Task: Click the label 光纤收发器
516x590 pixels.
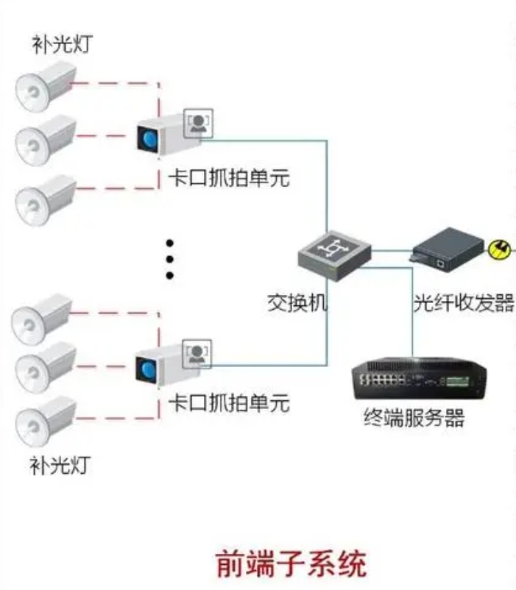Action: click(464, 302)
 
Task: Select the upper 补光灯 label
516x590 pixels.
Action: click(63, 45)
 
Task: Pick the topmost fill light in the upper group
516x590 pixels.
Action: click(46, 84)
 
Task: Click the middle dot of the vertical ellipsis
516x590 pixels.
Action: click(169, 259)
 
